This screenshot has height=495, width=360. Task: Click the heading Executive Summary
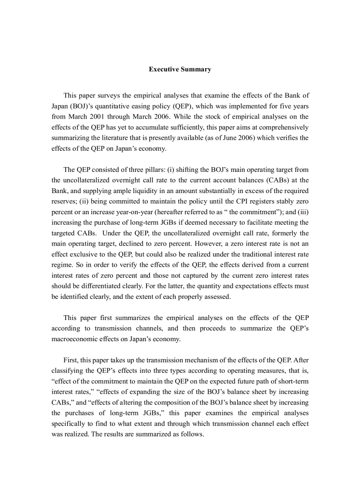[180, 69]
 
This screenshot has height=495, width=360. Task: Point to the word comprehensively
[281, 127]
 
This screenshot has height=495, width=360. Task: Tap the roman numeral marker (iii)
[303, 212]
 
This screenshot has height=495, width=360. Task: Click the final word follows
[192, 434]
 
